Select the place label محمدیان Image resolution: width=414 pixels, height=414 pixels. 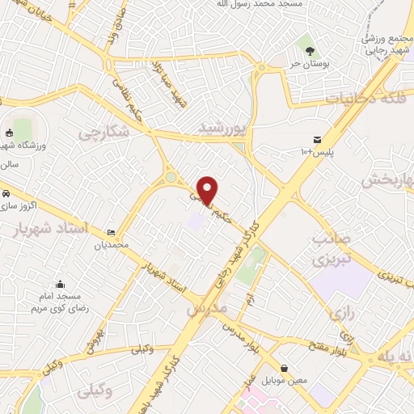111,245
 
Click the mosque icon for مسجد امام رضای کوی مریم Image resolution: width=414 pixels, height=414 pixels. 61,285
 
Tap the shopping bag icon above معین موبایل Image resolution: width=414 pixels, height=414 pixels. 284,368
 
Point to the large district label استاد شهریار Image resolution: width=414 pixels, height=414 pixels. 51,229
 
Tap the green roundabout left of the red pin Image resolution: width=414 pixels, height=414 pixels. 171,177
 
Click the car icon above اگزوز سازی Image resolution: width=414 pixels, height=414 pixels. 6,194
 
